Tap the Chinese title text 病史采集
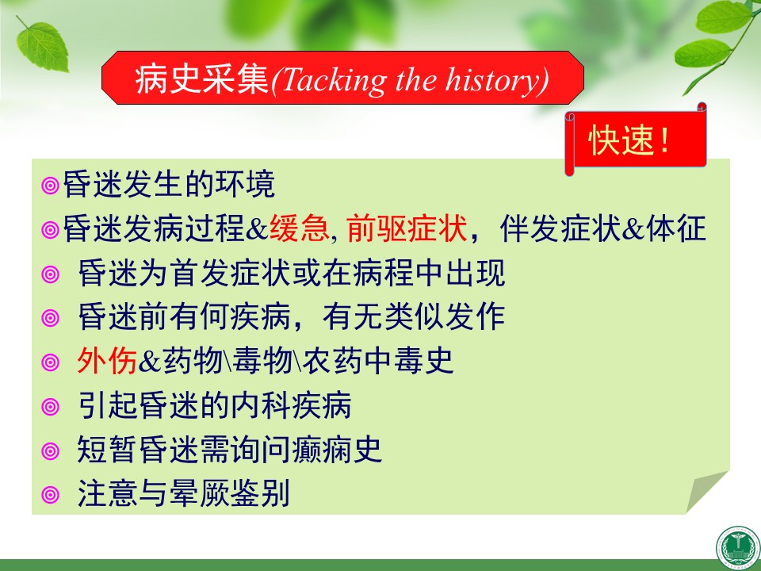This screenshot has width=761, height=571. click(202, 79)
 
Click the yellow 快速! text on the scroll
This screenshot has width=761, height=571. click(629, 140)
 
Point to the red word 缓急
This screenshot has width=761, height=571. click(300, 228)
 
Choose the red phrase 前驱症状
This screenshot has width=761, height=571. click(407, 228)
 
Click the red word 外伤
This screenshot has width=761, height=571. click(107, 361)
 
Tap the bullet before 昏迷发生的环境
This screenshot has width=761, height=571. click(50, 186)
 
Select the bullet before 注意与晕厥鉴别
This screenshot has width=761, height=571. click(50, 495)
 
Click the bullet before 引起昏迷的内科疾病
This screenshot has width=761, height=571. click(50, 406)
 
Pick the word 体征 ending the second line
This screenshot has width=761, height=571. click(676, 228)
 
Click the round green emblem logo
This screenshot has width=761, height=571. click(738, 548)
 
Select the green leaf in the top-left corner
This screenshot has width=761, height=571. click(42, 46)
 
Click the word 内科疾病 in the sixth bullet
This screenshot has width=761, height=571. click(291, 405)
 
